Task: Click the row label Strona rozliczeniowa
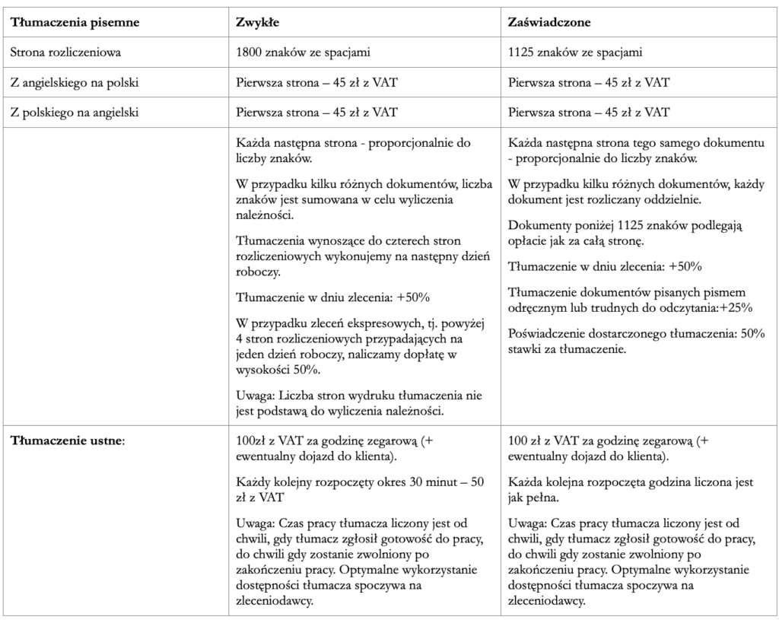65,52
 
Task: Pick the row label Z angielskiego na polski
74,82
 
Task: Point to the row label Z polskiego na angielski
74,113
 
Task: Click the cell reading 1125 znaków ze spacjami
574,52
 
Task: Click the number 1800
250,52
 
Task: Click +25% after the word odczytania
736,308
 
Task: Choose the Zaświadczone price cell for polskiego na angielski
588,113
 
